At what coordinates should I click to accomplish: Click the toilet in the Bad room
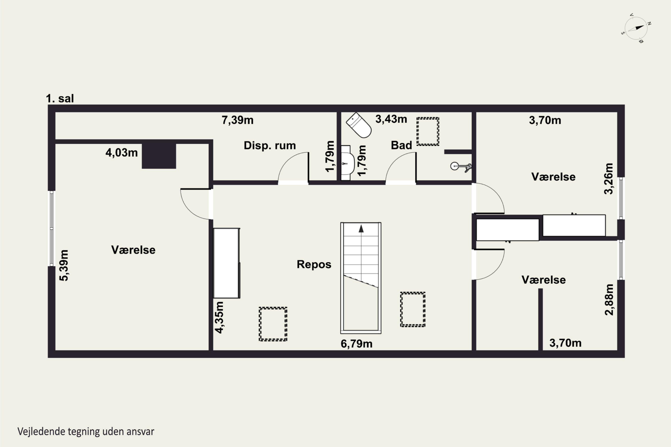click(359, 125)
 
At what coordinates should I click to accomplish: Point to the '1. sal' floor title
click(60, 98)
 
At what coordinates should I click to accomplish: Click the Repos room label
click(314, 264)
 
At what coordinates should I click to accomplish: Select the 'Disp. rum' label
click(270, 145)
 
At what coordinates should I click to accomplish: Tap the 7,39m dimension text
click(238, 120)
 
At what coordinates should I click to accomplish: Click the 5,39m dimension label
click(64, 266)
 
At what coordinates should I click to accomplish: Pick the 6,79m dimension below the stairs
click(357, 344)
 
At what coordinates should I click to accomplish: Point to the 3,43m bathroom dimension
click(391, 119)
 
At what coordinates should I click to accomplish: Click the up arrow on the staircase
click(361, 228)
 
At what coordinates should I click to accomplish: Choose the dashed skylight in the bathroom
click(428, 131)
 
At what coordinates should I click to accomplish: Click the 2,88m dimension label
click(609, 300)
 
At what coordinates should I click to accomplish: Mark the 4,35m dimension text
click(219, 317)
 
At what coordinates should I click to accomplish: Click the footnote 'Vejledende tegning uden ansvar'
click(86, 431)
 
